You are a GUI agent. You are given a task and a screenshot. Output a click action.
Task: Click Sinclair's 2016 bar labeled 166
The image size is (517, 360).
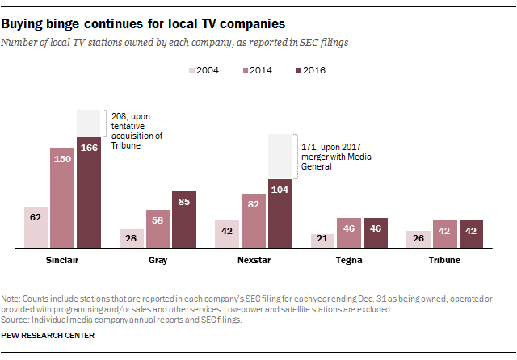point(89,192)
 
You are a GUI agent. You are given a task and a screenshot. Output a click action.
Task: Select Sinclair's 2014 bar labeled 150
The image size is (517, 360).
point(62,198)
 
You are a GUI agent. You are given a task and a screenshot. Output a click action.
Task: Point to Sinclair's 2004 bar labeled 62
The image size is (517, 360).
point(36,227)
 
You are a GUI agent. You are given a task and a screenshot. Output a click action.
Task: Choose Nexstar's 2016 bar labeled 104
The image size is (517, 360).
point(280,213)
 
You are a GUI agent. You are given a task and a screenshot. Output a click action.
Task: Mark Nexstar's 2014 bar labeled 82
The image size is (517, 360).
point(254,220)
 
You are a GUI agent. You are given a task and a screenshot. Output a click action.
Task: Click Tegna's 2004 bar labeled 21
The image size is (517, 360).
point(323,241)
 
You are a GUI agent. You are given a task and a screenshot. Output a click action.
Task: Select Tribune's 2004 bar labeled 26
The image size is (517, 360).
point(418,239)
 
